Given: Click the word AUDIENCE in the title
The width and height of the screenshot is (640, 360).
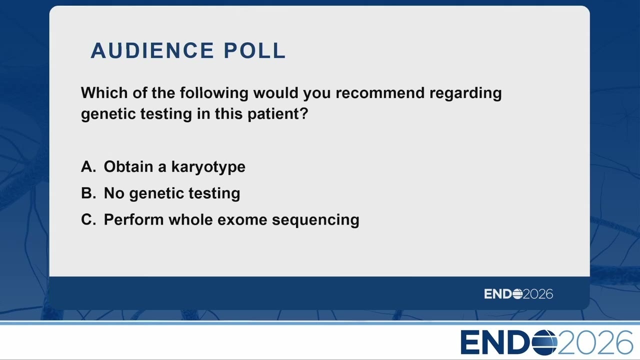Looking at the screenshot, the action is click(x=152, y=50).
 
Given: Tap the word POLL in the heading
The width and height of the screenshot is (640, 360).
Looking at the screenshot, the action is click(x=254, y=50).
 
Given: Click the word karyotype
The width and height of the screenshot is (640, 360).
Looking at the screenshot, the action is click(x=208, y=167).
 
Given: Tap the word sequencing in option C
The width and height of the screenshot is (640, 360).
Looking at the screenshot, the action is click(x=315, y=220).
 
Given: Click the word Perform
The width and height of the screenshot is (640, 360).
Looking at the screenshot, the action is click(x=133, y=219).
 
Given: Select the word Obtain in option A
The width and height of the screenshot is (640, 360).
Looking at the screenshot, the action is click(x=128, y=166).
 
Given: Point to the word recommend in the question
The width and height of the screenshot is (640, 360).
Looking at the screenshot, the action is click(x=380, y=93).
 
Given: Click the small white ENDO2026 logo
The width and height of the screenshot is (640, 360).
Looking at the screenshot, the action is click(x=518, y=294).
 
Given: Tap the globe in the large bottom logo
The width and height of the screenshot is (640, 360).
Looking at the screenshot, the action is click(x=544, y=342).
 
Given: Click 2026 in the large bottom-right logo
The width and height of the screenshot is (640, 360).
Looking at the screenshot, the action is click(x=595, y=342).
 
